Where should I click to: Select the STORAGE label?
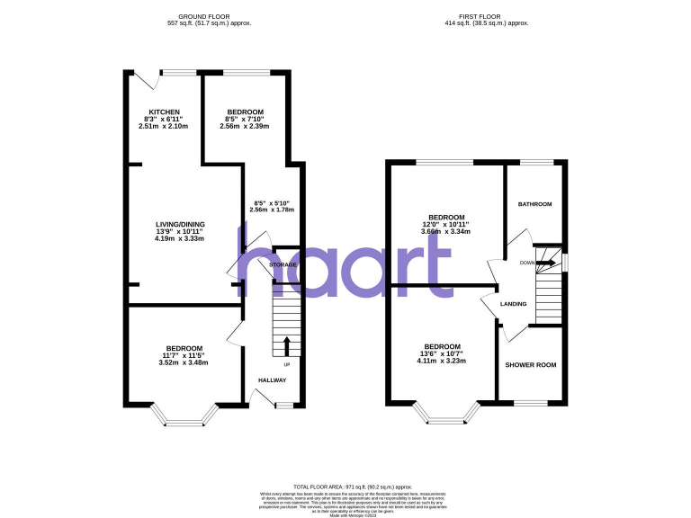(x=283, y=265)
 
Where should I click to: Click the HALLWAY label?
(x=273, y=380)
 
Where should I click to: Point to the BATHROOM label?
(x=534, y=204)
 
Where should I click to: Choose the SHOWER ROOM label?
(x=531, y=365)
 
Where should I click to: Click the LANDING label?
(x=513, y=304)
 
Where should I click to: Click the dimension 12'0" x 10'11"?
(x=446, y=224)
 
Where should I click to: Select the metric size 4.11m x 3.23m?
(x=443, y=362)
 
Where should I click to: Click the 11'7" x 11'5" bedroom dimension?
(x=183, y=355)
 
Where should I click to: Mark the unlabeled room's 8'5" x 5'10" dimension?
(x=272, y=202)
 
